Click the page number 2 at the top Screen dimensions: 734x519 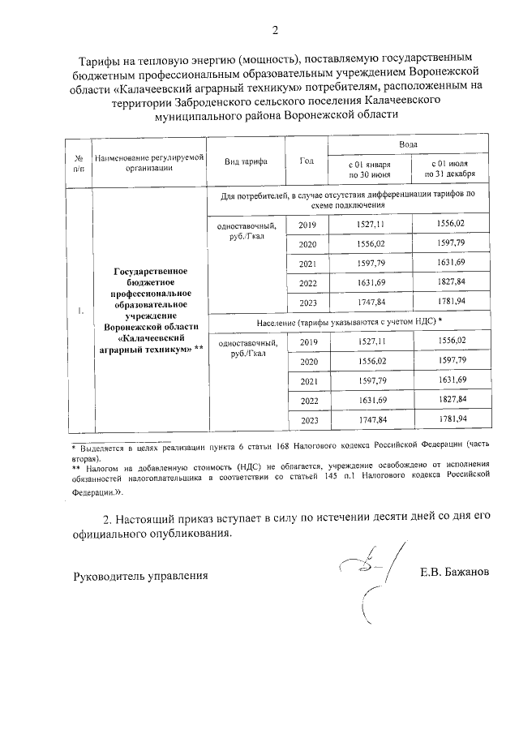[x=275, y=31]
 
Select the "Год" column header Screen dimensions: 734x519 [x=307, y=161]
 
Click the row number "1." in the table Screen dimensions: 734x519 [x=79, y=310]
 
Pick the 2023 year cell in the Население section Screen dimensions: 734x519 [x=308, y=420]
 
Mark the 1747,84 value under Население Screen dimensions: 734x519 [x=370, y=420]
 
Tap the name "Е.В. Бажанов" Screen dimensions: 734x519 [x=454, y=573]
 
